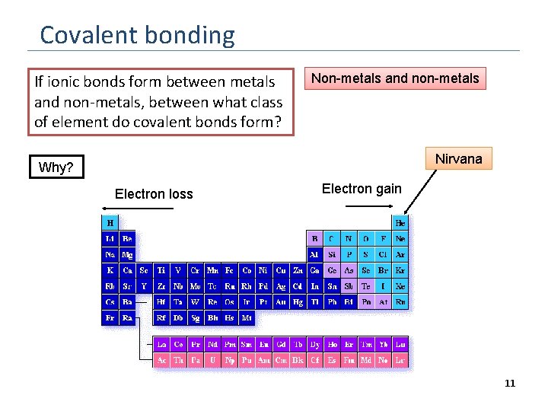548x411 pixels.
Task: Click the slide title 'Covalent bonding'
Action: click(137, 35)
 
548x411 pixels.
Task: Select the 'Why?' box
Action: click(56, 167)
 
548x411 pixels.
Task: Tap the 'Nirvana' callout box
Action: click(458, 158)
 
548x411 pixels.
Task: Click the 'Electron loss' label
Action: click(154, 194)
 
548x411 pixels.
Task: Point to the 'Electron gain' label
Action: click(362, 189)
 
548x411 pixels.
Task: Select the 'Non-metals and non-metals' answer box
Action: click(395, 78)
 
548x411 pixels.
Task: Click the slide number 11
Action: click(510, 384)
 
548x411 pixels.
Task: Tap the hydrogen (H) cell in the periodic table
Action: click(110, 223)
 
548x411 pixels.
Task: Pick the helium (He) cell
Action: click(400, 223)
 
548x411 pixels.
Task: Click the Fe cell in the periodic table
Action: click(230, 270)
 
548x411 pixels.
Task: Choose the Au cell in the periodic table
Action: click(281, 302)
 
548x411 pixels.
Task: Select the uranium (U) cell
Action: click(212, 359)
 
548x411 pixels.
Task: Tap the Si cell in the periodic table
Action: click(332, 254)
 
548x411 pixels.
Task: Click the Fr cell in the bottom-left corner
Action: click(110, 318)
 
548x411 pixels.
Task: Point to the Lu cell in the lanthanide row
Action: click(400, 344)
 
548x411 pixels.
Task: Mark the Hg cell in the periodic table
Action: click(298, 302)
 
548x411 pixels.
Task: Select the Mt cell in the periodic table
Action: click(247, 318)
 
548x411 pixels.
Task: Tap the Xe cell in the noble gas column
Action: click(400, 286)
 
